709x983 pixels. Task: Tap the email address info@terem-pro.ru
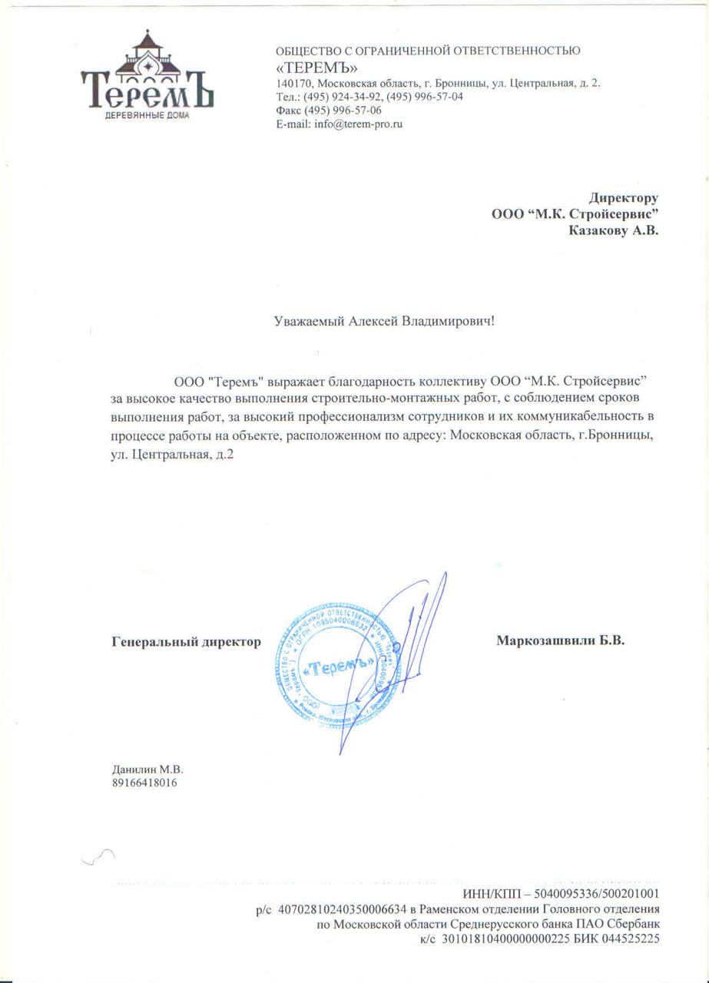[359, 123]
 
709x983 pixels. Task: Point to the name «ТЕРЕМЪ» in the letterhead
[316, 67]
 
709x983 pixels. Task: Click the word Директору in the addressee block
[623, 198]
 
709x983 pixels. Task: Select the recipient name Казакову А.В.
[613, 229]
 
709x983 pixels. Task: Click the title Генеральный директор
[187, 640]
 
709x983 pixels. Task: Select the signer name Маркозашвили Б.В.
[560, 640]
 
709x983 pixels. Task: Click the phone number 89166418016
[145, 783]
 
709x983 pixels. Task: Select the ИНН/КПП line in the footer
[561, 894]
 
